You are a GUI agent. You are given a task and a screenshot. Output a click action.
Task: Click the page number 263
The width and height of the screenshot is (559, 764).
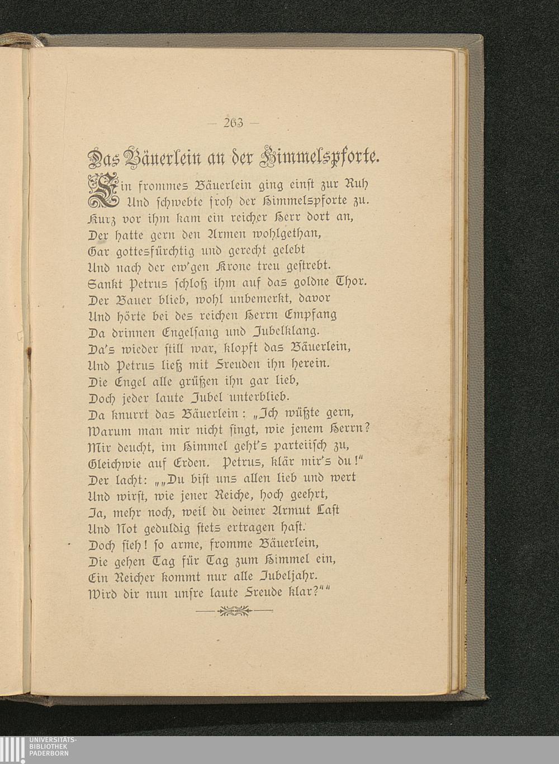click(230, 123)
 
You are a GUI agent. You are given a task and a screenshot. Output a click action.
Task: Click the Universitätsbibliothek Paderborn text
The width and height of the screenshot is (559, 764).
click(51, 746)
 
